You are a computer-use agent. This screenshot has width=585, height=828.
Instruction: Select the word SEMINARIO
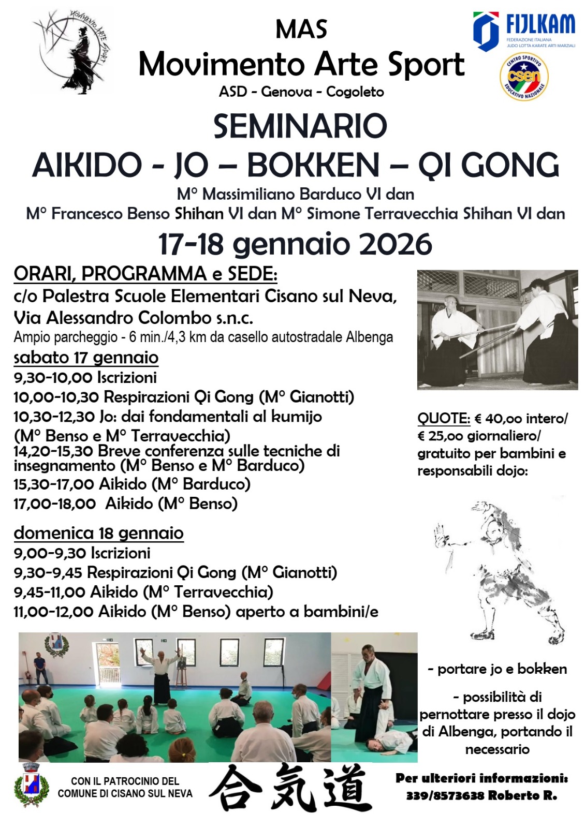pyautogui.click(x=300, y=126)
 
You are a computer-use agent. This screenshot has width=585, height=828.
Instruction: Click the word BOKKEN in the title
pyautogui.click(x=313, y=166)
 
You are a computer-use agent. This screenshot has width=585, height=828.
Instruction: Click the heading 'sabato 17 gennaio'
pyautogui.click(x=86, y=358)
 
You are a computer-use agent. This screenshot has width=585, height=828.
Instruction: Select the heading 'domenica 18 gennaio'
pyautogui.click(x=98, y=533)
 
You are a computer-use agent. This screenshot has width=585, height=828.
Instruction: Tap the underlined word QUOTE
pyautogui.click(x=444, y=418)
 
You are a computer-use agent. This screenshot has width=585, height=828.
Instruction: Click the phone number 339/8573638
pyautogui.click(x=446, y=795)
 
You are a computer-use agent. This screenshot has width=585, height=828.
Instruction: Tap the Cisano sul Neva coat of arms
pyautogui.click(x=32, y=785)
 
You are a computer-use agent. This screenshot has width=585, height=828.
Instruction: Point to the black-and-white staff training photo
pyautogui.click(x=497, y=330)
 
